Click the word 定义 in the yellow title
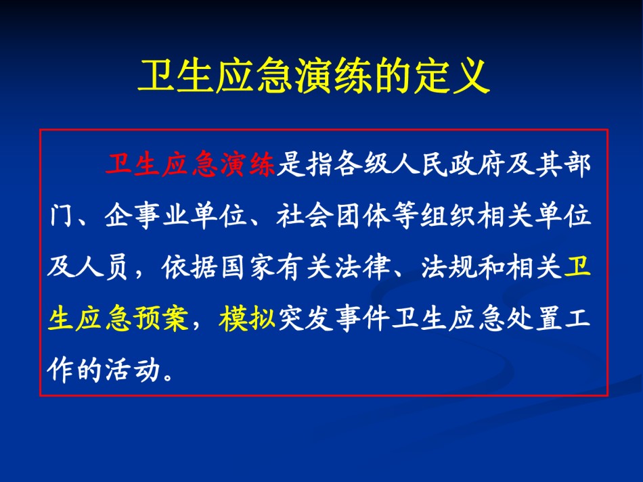coord(451,76)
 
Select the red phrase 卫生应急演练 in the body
coord(190,165)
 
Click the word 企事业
coord(148,215)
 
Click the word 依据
coord(190,267)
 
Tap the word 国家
coord(247,267)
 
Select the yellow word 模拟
coord(247,318)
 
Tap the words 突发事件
coord(334,318)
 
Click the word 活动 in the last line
coord(133,369)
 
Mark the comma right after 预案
coord(197,324)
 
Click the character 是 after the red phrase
coord(291,165)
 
